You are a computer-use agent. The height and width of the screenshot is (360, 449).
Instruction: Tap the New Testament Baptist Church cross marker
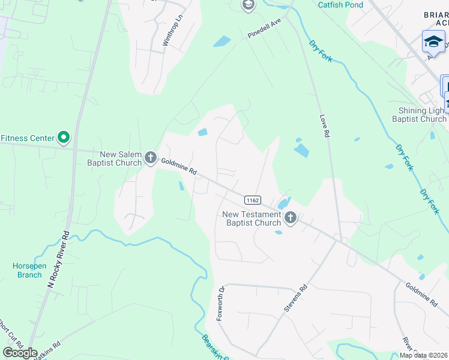[x=291, y=218]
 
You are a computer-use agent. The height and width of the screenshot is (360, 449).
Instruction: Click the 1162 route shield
[x=252, y=199]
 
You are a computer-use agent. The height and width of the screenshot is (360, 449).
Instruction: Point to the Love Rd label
[x=325, y=127]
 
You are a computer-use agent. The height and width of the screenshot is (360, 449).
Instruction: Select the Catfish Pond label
[x=340, y=5]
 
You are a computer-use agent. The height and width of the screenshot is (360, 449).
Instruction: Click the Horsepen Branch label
[x=28, y=270]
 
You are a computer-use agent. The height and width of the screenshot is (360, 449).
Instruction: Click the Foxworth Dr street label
[x=220, y=303]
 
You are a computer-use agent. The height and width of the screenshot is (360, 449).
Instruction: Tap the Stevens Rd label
[x=295, y=298]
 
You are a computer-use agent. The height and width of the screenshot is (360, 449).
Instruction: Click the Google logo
[x=20, y=353]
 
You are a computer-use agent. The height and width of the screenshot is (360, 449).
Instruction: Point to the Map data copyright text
[x=424, y=355]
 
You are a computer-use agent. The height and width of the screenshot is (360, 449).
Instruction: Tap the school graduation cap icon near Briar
[x=433, y=41]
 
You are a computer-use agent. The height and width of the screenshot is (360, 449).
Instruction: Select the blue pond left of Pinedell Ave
[x=221, y=41]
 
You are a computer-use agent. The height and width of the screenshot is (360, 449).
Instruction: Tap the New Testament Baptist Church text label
[x=252, y=218]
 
